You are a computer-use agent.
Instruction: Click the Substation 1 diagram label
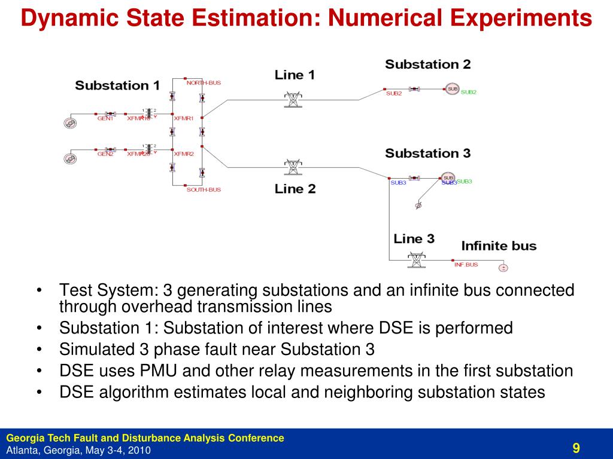117,85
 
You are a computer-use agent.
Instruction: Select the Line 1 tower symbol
293,99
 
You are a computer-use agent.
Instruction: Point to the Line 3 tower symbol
414,260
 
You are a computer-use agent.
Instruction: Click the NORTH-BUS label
204,83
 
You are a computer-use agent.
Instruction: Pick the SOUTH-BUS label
204,189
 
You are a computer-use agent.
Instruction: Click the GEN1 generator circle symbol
70,123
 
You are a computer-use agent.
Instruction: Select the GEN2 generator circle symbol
70,159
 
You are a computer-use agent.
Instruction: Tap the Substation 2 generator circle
452,89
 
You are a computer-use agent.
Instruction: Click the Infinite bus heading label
499,246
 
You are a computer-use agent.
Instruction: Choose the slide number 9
576,448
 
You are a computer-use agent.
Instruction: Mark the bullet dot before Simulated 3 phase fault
39,349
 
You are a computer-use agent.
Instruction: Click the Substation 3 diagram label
427,153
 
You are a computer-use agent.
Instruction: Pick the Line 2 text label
295,189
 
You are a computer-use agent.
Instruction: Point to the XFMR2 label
184,154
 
